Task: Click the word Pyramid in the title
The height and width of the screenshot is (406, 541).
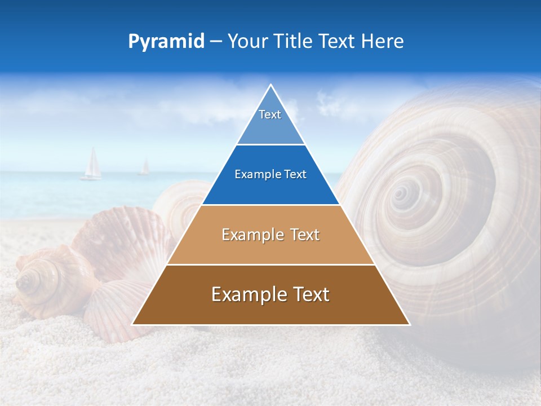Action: click(166, 42)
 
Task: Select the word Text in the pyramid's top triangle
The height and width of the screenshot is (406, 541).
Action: click(270, 114)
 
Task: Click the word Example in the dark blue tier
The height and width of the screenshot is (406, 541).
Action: click(255, 175)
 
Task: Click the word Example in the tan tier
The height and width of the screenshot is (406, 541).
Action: click(248, 235)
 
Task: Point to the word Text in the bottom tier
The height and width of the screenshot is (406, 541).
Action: click(308, 294)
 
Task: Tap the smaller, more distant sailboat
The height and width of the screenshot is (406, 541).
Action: click(145, 167)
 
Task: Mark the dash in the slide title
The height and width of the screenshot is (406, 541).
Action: click(215, 42)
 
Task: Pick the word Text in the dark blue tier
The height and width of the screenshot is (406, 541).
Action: click(295, 175)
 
